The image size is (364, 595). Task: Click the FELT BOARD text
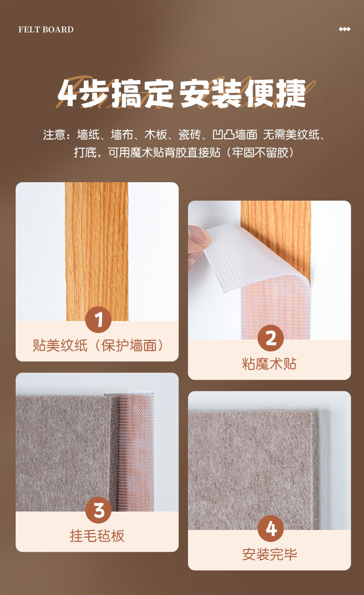click(x=46, y=29)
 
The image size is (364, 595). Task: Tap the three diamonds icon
click(x=344, y=29)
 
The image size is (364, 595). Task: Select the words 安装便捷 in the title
click(x=243, y=94)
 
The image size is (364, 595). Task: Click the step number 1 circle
click(x=98, y=320)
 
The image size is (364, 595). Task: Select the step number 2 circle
click(x=270, y=338)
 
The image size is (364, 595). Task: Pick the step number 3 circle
click(x=98, y=510)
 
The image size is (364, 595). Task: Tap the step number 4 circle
click(x=270, y=529)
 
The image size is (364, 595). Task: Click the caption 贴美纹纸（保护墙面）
click(x=97, y=345)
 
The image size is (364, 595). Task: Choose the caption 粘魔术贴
click(x=269, y=363)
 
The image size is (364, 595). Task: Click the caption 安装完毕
click(x=270, y=554)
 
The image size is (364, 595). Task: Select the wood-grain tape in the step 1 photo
click(x=97, y=251)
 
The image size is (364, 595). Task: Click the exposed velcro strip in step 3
click(x=136, y=452)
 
